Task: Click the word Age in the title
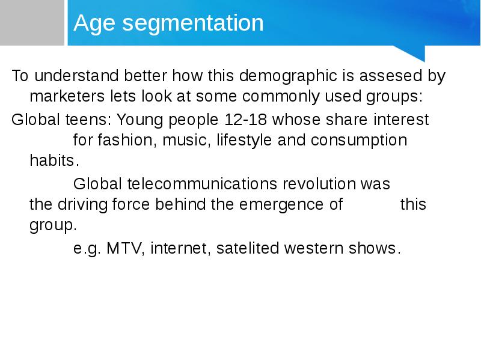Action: [x=94, y=23]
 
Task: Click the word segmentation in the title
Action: [x=193, y=23]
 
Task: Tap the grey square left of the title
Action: [x=32, y=23]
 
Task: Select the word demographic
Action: [x=288, y=76]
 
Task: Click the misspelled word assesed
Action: [x=390, y=76]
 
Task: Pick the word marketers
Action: [x=67, y=96]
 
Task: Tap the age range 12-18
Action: [x=245, y=120]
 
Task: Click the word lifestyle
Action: [x=244, y=141]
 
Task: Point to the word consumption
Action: [x=359, y=141]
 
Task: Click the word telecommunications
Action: [x=202, y=184]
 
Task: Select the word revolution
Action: [x=319, y=184]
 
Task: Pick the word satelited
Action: [x=248, y=248]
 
